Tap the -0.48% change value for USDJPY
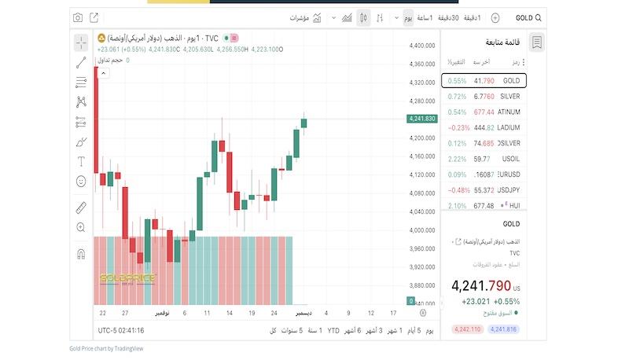459,190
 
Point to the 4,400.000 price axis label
422,46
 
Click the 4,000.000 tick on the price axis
422,230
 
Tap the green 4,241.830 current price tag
422,119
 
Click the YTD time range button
333,330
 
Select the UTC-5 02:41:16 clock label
120,330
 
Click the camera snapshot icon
78,17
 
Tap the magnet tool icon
81,254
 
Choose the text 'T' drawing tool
81,161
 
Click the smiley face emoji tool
81,182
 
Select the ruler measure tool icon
81,208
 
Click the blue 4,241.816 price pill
502,329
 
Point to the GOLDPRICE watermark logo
127,278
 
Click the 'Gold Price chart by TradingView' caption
106,348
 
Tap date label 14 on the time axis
229,313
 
